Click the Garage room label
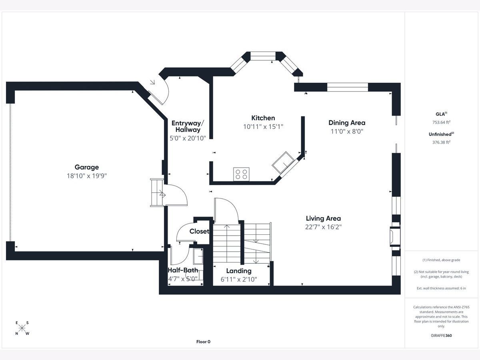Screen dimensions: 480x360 (x=86, y=167)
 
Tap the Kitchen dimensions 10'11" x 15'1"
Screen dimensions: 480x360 (x=263, y=126)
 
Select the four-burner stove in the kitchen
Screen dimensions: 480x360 (x=241, y=174)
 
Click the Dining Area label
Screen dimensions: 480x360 (x=347, y=123)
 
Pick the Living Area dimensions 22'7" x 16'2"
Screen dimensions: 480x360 (x=323, y=227)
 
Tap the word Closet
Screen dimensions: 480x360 (x=199, y=231)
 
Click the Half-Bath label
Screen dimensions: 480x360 (x=183, y=270)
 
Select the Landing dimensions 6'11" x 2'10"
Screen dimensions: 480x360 (x=238, y=279)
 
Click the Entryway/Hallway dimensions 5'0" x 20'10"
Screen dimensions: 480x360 (x=188, y=138)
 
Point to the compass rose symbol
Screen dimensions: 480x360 (x=22, y=328)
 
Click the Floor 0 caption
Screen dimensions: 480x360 (x=203, y=342)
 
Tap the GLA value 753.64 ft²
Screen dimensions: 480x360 (x=441, y=122)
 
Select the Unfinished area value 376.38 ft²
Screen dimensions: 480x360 (x=441, y=142)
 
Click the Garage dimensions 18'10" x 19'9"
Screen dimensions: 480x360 (x=86, y=176)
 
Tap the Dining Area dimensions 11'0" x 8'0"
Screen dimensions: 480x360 (x=347, y=131)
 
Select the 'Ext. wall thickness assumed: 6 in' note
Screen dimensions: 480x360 (x=441, y=288)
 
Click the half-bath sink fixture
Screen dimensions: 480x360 (x=198, y=256)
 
